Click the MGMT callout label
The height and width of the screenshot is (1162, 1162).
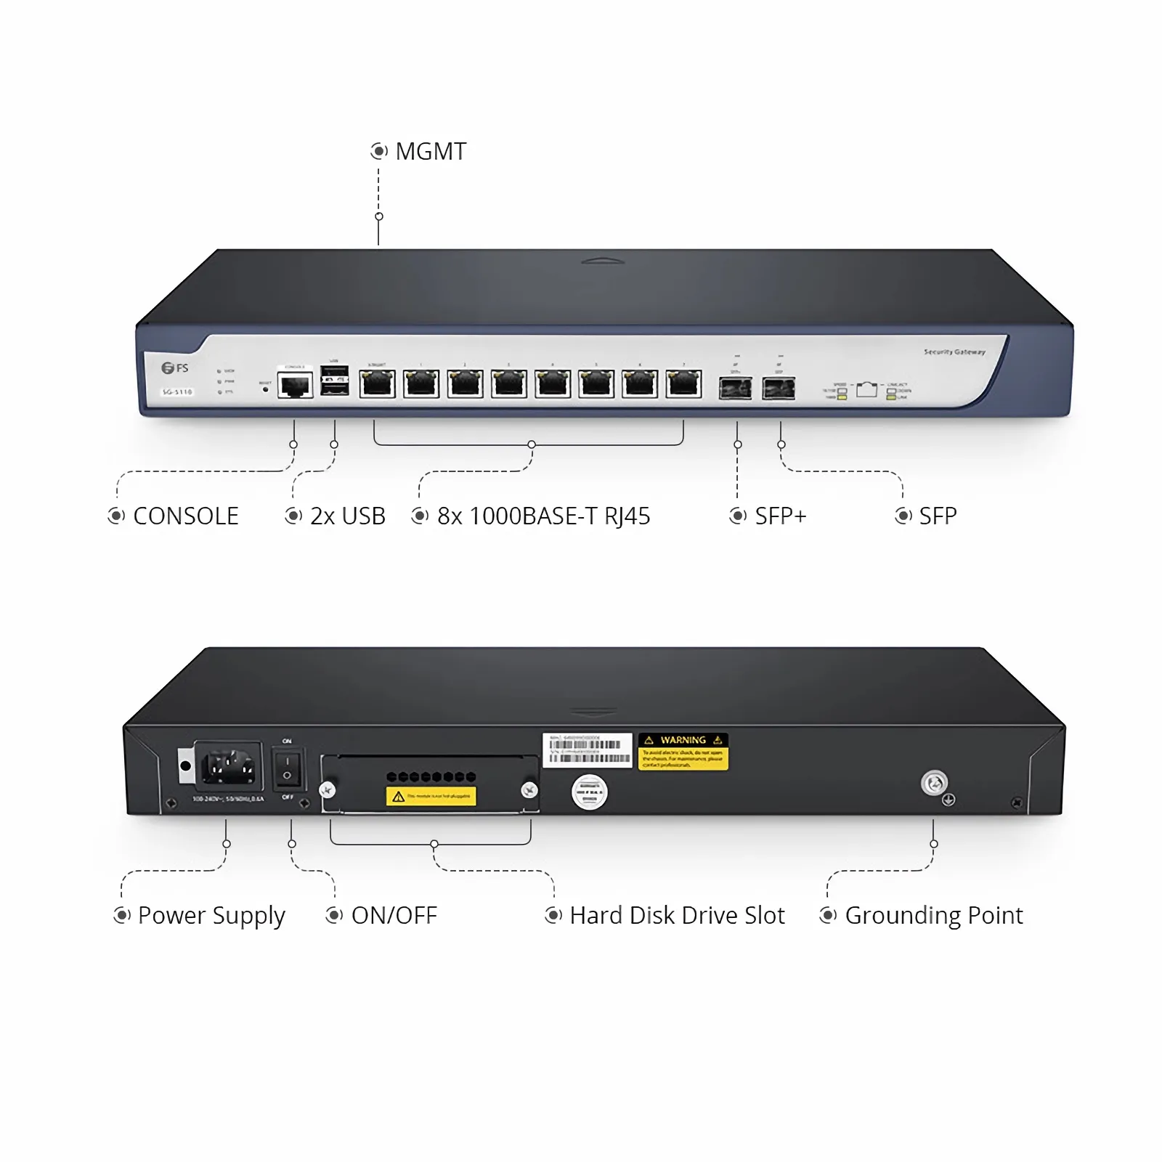pos(430,152)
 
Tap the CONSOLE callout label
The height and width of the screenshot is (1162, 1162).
pos(185,516)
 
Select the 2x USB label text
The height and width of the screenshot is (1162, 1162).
pos(347,516)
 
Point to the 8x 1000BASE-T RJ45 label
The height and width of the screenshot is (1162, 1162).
pos(543,516)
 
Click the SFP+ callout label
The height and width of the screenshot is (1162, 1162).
pos(780,516)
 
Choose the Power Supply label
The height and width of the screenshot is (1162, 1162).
pos(211,916)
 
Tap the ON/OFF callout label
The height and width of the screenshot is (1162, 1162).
pos(394,916)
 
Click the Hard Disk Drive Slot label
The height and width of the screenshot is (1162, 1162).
pos(677,916)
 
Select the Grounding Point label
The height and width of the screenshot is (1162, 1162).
pos(933,916)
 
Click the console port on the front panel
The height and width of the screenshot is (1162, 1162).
pos(295,385)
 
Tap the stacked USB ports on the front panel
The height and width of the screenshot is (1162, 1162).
pos(334,381)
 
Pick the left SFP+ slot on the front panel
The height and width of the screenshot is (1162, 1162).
pos(735,389)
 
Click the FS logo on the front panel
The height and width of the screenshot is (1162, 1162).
pos(175,368)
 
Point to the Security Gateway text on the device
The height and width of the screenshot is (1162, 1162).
pos(954,352)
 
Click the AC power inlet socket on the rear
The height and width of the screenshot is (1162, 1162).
pos(228,766)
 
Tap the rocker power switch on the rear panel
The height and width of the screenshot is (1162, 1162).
pos(288,768)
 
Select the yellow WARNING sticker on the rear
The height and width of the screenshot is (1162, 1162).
pos(683,751)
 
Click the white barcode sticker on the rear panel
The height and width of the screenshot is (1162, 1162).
pos(588,750)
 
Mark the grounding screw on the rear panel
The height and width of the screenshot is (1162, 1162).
pos(934,783)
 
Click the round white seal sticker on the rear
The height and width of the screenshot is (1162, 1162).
pos(589,792)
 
